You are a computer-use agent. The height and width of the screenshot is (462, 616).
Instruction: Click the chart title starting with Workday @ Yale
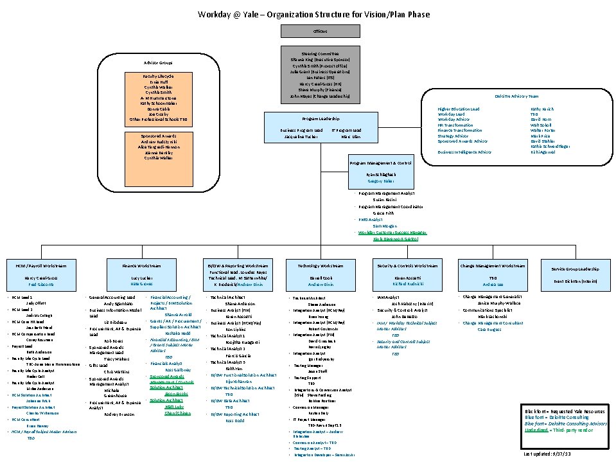coord(313,14)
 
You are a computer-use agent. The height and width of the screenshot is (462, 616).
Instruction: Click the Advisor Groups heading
coord(157,63)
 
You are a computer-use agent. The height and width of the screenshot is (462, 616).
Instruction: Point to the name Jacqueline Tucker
coord(301,137)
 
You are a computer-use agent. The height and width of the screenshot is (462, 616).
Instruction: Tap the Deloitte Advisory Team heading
coord(516,96)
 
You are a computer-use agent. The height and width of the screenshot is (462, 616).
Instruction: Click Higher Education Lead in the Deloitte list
coord(458,109)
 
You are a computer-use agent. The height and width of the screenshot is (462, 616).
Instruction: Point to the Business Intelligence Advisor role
coord(464,152)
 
